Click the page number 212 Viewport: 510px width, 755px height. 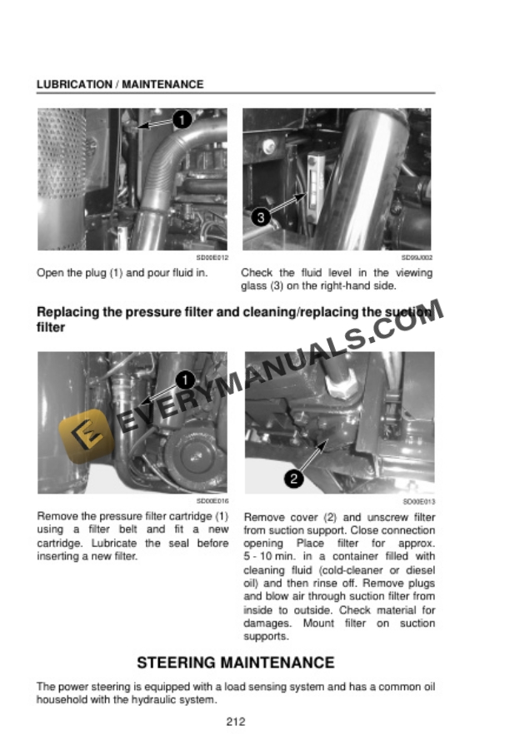236,722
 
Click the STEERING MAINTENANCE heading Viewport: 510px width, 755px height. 236,663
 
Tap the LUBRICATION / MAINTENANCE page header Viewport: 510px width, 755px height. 120,85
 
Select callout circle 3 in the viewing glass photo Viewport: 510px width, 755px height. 261,218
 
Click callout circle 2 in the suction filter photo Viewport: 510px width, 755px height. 293,478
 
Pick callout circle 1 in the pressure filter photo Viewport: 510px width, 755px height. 185,380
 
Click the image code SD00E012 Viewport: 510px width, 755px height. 213,259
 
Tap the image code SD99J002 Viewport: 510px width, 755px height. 417,259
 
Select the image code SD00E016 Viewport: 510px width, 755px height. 212,502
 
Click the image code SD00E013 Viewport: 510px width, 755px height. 418,502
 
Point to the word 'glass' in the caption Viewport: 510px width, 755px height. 254,286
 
